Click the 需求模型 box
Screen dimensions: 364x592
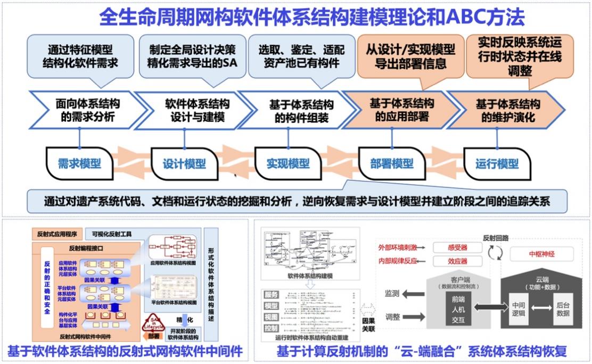coord(79,163)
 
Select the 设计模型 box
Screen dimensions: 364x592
coord(184,163)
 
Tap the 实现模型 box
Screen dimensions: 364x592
coord(288,163)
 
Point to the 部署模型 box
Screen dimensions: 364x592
coord(392,163)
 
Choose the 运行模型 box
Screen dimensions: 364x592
coord(497,163)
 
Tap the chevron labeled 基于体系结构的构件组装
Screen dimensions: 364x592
coord(294,110)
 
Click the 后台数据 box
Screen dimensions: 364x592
coord(563,308)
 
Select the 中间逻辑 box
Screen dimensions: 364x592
coord(519,308)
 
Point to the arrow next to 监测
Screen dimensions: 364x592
coord(413,294)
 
